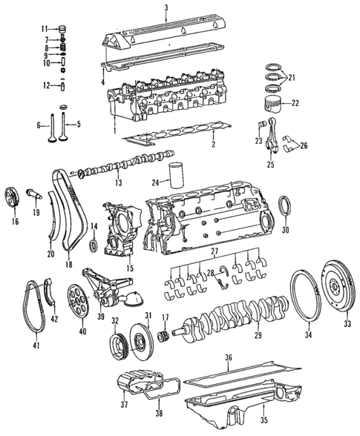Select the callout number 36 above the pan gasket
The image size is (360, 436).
pos(229,358)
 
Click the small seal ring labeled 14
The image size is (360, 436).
pos(92,245)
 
